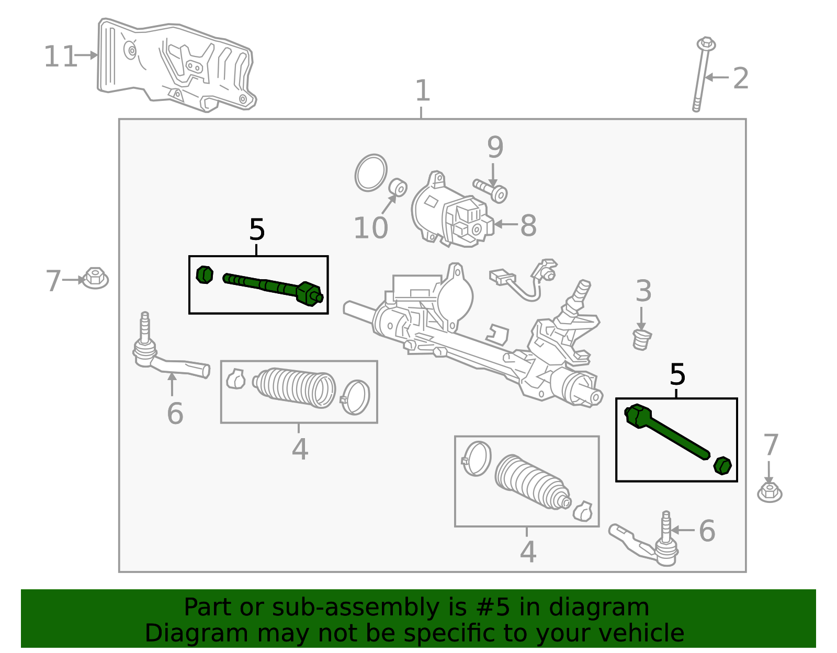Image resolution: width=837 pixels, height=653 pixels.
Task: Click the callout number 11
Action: [60, 56]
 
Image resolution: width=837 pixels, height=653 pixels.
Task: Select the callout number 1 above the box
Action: [422, 91]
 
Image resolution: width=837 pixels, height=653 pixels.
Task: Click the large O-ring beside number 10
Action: [371, 173]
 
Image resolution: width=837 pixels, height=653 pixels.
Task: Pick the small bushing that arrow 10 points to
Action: [399, 187]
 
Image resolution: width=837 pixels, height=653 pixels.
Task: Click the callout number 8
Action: [528, 225]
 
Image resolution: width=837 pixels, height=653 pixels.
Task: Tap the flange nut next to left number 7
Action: [95, 278]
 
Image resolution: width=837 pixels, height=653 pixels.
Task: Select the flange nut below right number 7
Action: [770, 491]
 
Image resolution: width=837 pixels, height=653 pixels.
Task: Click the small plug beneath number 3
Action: [642, 339]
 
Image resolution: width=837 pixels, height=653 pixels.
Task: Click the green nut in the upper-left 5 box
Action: [205, 274]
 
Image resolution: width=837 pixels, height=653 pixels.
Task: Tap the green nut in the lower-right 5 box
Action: [722, 465]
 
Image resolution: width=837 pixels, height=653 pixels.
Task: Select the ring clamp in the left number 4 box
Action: [356, 397]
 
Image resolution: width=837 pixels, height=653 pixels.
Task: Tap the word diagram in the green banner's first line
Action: [609, 608]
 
